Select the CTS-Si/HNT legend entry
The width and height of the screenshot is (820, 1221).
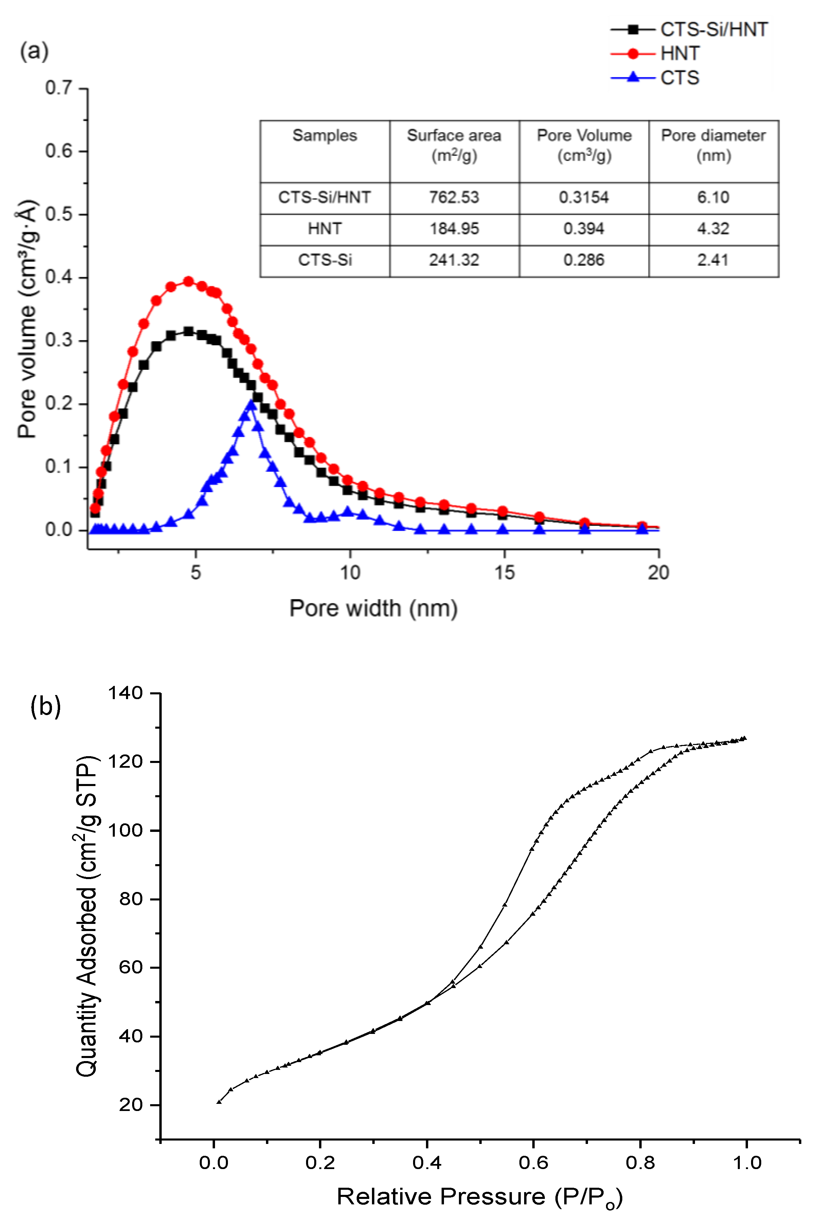713,29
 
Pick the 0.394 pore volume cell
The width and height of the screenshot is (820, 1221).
584,229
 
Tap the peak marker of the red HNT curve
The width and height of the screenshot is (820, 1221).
188,281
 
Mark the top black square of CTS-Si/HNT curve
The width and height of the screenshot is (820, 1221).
188,331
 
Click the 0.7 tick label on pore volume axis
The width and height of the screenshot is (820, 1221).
58,88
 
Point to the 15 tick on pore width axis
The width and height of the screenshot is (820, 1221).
504,573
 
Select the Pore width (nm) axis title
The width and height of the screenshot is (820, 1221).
373,608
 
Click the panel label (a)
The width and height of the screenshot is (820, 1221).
34,51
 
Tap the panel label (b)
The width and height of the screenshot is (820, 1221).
46,706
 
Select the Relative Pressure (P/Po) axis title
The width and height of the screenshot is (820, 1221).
479,1197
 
